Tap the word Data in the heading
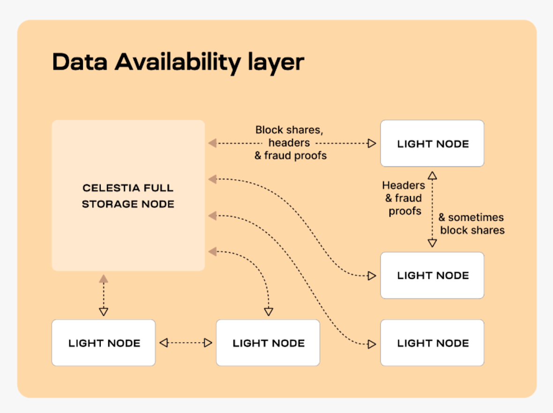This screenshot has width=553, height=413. pos(80,62)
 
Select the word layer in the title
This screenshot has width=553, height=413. pos(276,63)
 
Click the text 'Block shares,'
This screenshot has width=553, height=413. pos(289,130)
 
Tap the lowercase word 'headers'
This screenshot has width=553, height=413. pos(289,143)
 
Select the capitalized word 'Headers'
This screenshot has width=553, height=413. pos(404,185)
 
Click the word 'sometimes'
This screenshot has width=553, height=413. pos(476,217)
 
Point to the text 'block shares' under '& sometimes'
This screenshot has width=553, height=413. pos(472,230)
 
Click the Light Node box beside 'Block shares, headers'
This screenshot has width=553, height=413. pos(432,143)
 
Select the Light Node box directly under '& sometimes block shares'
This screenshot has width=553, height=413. pos(432,275)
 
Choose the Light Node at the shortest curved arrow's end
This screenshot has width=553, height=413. pos(268,343)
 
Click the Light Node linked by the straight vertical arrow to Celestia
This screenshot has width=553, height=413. pos(103,343)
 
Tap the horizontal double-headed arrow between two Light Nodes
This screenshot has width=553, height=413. pos(186,343)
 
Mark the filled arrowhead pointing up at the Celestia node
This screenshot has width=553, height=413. pos(103,279)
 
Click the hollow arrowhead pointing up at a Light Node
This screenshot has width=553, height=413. pos(433,176)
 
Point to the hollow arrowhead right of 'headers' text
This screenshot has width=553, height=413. pos(372,143)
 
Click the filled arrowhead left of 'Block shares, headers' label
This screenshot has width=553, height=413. pos(213,143)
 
